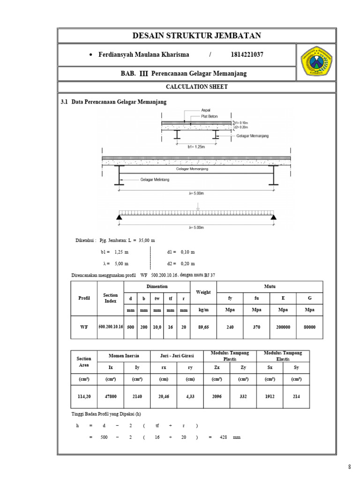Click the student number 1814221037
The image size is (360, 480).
[x=247, y=55]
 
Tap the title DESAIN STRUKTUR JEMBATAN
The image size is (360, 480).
[x=197, y=36]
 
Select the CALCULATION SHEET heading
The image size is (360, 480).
[x=196, y=87]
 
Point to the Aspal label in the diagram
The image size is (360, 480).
[x=206, y=110]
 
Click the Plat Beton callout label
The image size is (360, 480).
[x=210, y=116]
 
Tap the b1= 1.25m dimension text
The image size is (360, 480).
[x=197, y=146]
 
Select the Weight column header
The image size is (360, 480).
[x=203, y=292]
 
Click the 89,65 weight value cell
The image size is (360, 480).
[x=203, y=327]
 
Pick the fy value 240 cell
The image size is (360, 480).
[x=230, y=327]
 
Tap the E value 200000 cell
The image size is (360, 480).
[x=283, y=327]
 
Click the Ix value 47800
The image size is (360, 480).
[x=111, y=397]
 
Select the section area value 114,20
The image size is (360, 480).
[x=84, y=397]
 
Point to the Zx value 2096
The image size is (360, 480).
[x=217, y=397]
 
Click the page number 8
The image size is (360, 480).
[x=349, y=466]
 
